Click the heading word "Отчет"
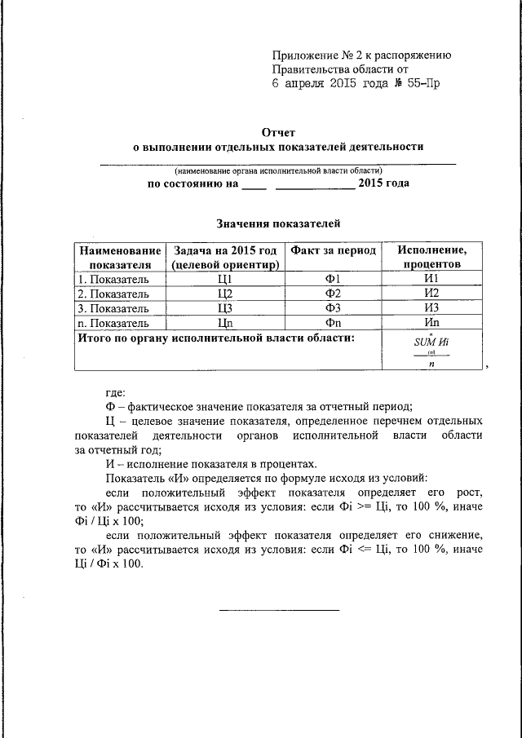[x=277, y=131]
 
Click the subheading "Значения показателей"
[x=277, y=223]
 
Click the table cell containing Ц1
[x=226, y=279]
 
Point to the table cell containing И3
[x=431, y=308]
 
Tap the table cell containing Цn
[x=226, y=323]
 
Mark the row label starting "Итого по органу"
[x=216, y=337]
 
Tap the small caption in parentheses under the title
[x=277, y=170]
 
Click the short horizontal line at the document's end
[x=279, y=609]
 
